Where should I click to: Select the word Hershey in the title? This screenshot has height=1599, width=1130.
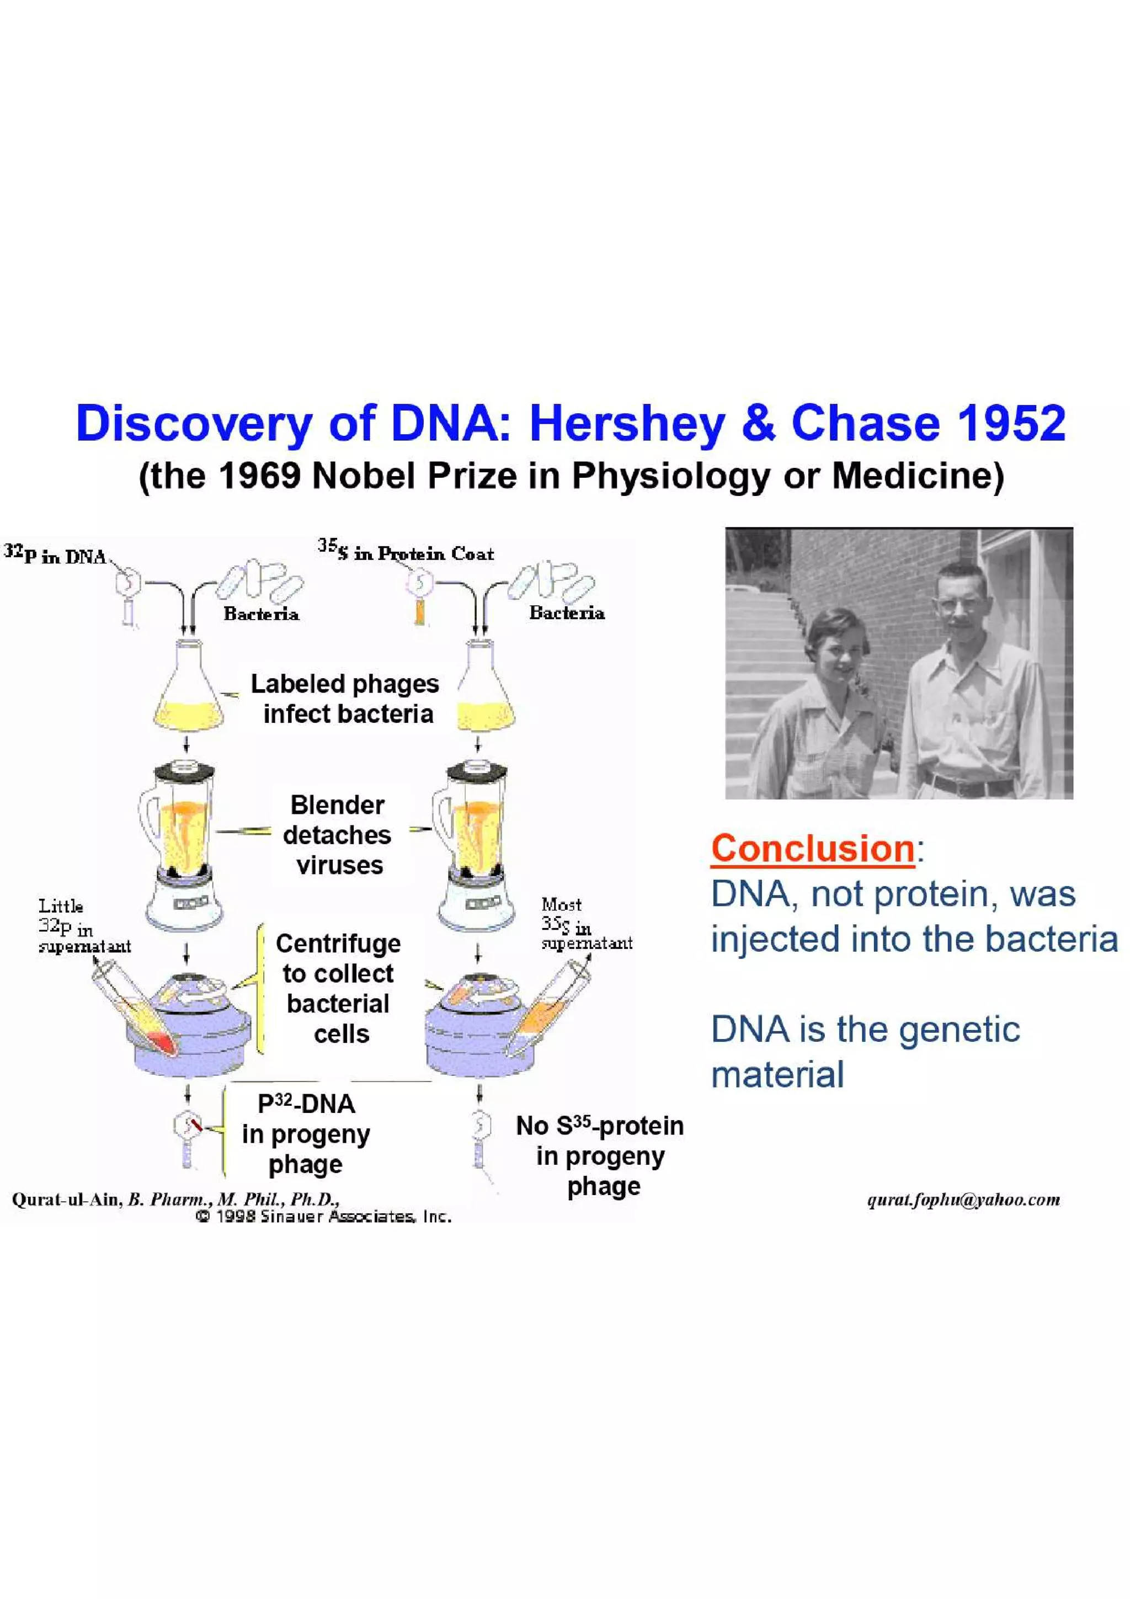tap(627, 423)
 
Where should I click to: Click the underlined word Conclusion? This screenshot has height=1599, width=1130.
tap(812, 848)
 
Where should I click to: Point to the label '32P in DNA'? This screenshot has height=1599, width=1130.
tap(56, 555)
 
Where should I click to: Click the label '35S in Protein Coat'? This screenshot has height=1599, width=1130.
tap(406, 553)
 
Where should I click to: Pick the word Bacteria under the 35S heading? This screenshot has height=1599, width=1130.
tap(567, 613)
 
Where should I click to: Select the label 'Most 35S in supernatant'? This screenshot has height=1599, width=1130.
tap(585, 924)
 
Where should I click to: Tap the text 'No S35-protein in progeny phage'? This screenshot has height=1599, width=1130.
tap(599, 1155)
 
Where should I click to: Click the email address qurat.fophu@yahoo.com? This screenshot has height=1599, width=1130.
tap(963, 1200)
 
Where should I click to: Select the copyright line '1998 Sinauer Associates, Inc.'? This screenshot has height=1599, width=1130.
tap(324, 1217)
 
